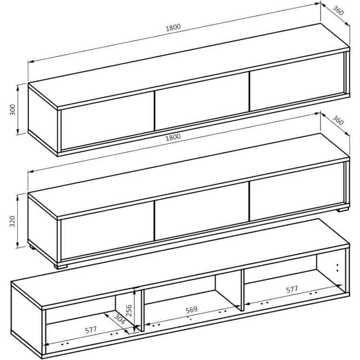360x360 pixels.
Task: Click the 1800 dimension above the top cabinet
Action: pos(173,27)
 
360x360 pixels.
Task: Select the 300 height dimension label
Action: pos(13,110)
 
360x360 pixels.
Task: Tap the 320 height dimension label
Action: pos(12,221)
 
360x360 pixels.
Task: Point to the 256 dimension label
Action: pos(129,311)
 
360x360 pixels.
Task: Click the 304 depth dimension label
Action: pos(120,319)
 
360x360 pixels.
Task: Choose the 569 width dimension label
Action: pos(192,310)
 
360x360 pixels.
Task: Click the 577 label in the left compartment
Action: pos(91,330)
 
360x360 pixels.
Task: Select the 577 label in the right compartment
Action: pos(292,289)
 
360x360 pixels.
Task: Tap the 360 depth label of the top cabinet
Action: pos(338,11)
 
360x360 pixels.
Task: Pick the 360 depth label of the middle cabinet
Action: pos(338,120)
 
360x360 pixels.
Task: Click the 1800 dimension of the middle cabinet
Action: pos(173,138)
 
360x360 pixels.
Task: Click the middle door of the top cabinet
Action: pos(202,101)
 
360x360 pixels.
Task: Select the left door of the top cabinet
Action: pos(108,121)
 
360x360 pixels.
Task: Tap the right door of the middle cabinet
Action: pos(297,192)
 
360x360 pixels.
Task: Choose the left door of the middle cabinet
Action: pos(108,231)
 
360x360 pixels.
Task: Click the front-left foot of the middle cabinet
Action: pos(60,266)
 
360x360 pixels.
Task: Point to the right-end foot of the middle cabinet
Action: pos(342,209)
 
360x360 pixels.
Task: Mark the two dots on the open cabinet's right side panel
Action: pos(337,268)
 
